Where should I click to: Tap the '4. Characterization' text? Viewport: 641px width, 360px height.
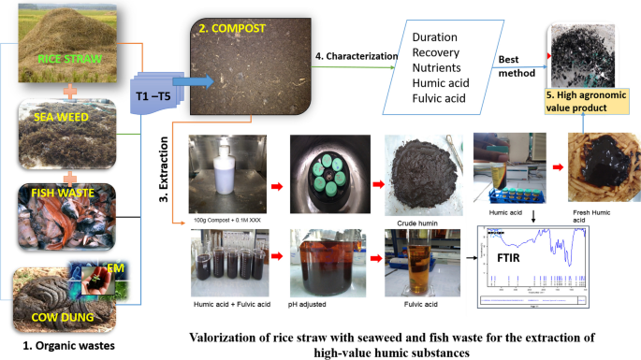[343, 57]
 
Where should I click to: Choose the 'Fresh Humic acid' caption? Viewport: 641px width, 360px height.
[594, 217]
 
